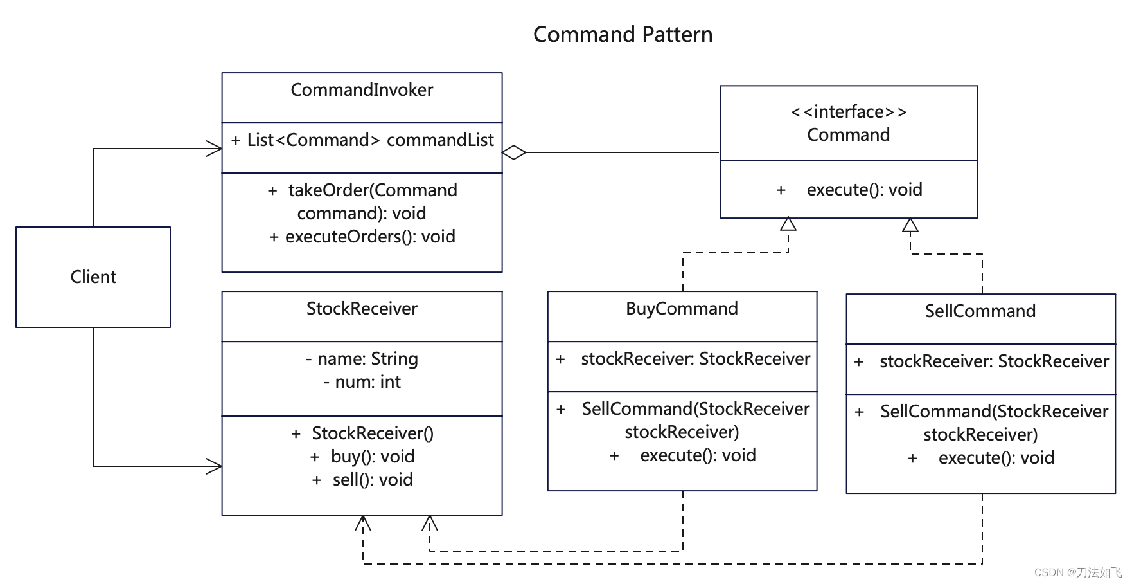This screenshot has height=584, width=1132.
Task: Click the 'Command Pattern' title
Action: pos(623,34)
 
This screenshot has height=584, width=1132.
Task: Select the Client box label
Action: pos(93,277)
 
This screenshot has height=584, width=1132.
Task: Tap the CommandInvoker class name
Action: pos(362,89)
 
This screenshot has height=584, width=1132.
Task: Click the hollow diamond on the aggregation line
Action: pos(514,152)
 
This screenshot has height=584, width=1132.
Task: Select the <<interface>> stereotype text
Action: pos(849,112)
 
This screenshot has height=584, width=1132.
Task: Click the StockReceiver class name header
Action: pos(362,309)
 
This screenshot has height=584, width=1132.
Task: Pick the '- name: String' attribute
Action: pos(362,359)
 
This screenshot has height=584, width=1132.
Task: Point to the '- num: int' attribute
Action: pos(362,382)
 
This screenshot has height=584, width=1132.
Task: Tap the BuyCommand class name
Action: pos(682,309)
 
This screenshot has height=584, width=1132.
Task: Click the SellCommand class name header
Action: pos(980,311)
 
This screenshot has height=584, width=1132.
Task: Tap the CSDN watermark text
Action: pos(1077,572)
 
